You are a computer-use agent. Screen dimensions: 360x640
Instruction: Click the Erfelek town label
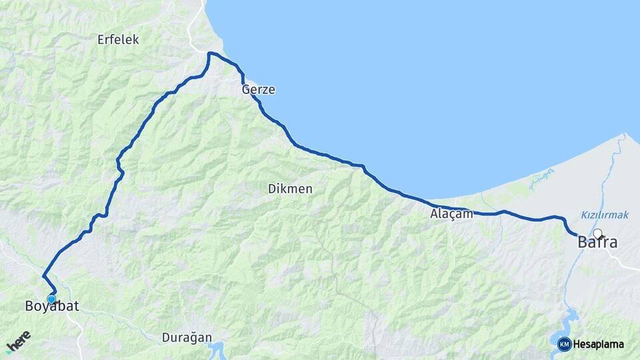[x=118, y=40]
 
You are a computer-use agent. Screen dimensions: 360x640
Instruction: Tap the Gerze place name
[x=259, y=90]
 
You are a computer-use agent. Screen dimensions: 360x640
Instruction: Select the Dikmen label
[x=290, y=189]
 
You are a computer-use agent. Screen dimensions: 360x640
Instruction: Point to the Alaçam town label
[x=451, y=214]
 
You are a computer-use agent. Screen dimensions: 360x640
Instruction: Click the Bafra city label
[x=597, y=243]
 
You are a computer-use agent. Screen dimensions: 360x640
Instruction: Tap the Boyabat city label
[x=52, y=307]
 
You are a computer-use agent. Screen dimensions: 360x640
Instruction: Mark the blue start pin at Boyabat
[x=51, y=299]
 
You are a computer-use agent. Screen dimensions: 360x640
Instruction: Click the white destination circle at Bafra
[x=597, y=234]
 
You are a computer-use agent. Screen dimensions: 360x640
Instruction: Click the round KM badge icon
[x=565, y=344]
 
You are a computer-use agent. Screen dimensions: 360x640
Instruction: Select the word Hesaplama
[x=598, y=345]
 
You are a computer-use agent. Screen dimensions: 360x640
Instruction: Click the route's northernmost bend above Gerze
[x=211, y=53]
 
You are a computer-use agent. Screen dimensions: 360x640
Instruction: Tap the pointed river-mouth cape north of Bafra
[x=625, y=135]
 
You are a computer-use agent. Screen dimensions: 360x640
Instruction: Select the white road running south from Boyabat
[x=77, y=333]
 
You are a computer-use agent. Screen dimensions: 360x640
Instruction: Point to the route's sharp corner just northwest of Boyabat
[x=43, y=275]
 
